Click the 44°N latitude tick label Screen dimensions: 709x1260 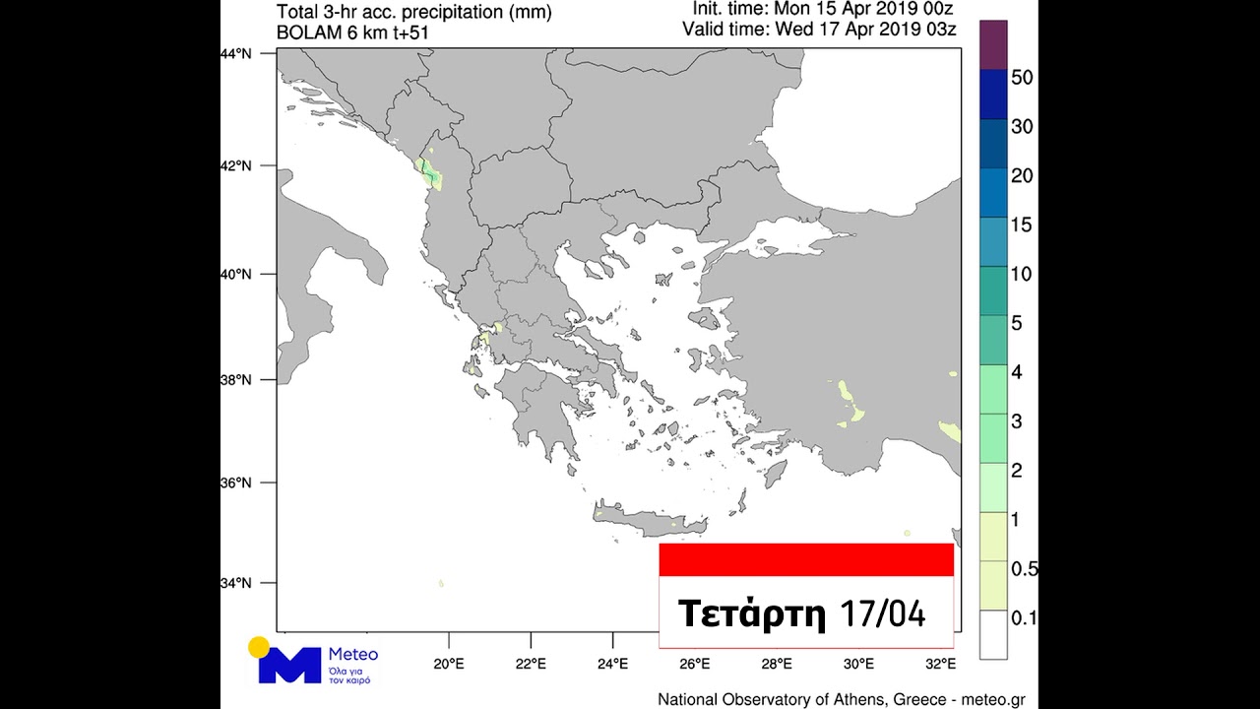coord(235,53)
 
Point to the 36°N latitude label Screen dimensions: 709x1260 coord(235,483)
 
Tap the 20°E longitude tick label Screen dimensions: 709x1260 coord(449,662)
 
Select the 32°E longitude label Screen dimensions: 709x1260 coord(940,662)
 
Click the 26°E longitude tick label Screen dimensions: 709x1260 coord(695,662)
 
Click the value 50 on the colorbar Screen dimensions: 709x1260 coord(1021,78)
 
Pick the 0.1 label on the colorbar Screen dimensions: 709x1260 coord(1023,618)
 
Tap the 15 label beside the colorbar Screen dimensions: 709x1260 coord(1021,226)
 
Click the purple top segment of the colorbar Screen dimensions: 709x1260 coord(993,44)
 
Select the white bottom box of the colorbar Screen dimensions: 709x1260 coord(993,635)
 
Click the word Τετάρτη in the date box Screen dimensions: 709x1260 coord(751,613)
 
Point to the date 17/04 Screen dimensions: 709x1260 coord(883,613)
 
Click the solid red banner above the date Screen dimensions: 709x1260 coord(806,559)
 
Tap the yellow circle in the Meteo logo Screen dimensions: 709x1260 coord(259,647)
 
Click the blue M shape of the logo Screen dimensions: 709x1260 coord(289,666)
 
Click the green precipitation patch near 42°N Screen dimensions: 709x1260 coord(430,173)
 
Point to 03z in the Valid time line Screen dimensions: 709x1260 coord(942,29)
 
